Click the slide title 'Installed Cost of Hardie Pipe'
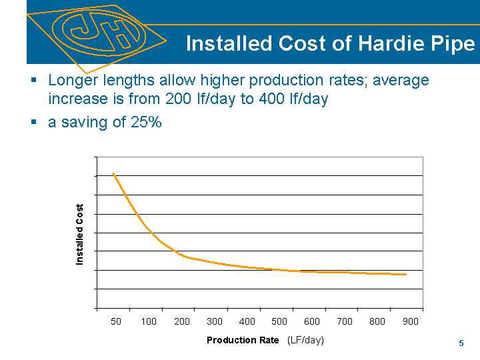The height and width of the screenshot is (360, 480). click(x=330, y=44)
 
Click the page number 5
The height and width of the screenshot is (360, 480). click(x=461, y=343)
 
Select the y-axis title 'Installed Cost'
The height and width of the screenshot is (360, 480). click(x=80, y=235)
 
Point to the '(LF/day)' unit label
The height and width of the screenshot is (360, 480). click(x=305, y=340)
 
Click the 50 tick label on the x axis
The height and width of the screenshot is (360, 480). click(x=116, y=322)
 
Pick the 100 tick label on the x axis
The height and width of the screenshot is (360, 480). click(x=149, y=322)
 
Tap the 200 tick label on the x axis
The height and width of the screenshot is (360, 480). click(x=181, y=322)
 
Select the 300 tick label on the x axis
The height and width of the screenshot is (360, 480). click(x=214, y=322)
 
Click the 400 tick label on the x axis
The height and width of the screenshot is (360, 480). click(x=247, y=322)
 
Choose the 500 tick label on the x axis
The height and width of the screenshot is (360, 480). click(x=279, y=322)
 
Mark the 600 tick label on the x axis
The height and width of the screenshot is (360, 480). click(x=312, y=322)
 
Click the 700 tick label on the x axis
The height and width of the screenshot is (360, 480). click(x=345, y=322)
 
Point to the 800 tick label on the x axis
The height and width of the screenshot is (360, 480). click(x=377, y=322)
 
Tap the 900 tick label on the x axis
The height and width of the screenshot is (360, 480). click(x=410, y=322)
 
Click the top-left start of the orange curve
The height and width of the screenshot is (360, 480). click(x=113, y=173)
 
